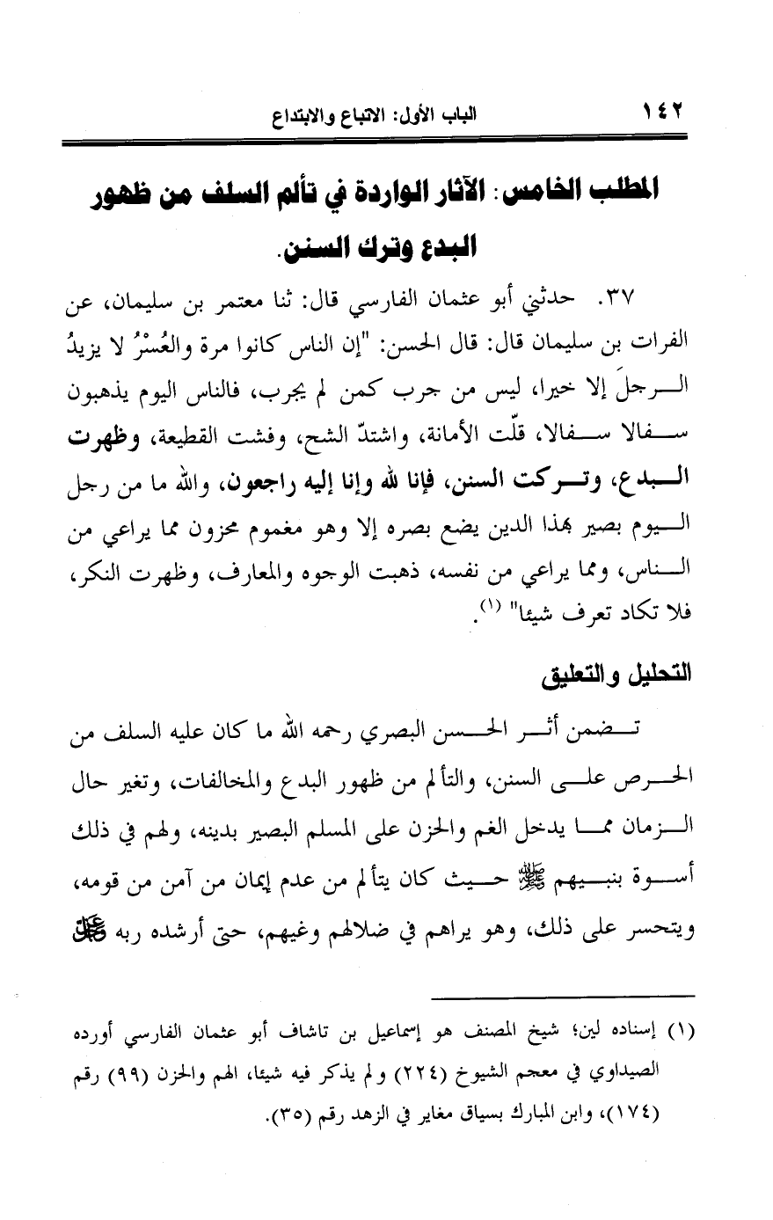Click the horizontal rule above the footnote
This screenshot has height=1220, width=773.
(563, 997)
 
